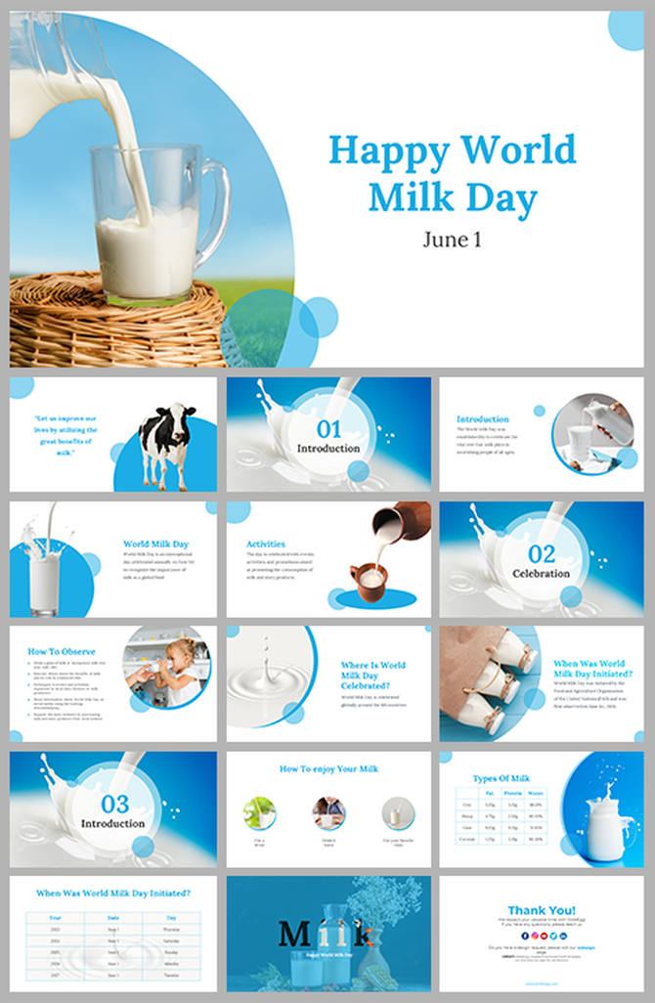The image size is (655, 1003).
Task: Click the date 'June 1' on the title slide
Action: [452, 239]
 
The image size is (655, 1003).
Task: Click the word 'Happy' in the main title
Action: [388, 151]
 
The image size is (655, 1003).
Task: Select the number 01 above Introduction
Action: [328, 428]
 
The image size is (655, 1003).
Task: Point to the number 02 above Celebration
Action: [541, 553]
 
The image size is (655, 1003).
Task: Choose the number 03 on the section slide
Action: [115, 804]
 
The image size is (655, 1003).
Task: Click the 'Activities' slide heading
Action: [266, 544]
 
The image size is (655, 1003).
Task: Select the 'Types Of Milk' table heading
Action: [500, 778]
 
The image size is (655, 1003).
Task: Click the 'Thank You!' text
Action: [541, 909]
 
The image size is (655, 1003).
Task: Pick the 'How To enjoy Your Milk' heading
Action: [328, 769]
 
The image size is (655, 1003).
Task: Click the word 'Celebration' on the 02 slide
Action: [541, 574]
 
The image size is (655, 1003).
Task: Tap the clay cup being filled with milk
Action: [371, 582]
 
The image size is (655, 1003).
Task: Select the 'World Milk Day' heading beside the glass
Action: [155, 544]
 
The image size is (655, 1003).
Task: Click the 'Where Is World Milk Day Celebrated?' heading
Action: [372, 676]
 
